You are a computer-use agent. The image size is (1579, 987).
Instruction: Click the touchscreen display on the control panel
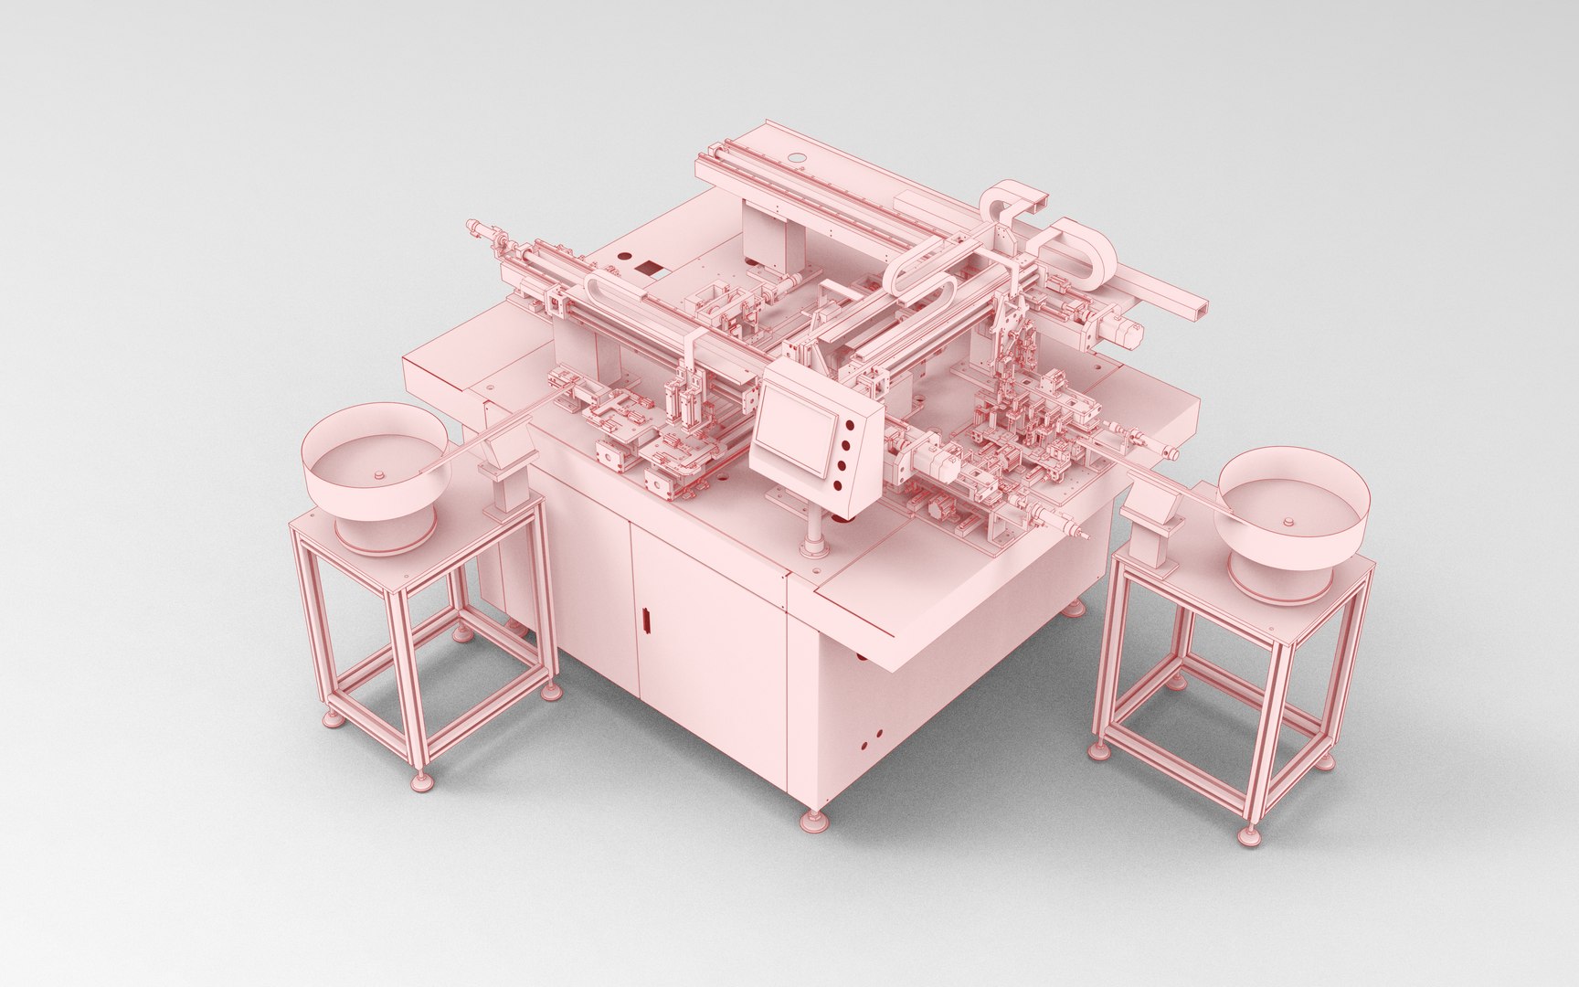(792, 429)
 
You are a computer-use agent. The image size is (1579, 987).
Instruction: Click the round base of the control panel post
(812, 549)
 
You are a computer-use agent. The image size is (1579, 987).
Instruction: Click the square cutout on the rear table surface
(650, 269)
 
